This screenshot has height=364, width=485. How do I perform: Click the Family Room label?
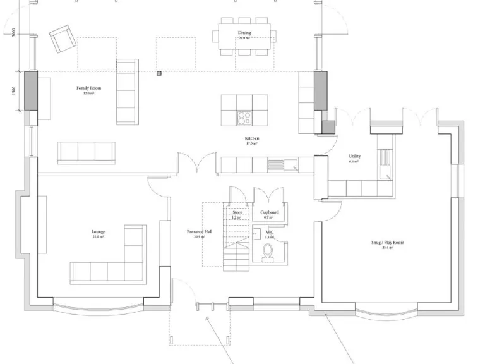pos(88,88)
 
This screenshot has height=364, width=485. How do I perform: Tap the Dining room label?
pos(244,33)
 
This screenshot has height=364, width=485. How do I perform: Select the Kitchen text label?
pos(252,138)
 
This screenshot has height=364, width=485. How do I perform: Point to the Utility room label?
pos(354,157)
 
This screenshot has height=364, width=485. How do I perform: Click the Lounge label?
pos(98,232)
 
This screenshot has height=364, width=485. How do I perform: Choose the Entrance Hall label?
pos(200,232)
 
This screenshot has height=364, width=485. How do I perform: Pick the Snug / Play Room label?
pos(388,243)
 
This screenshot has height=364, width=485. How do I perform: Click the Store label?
pos(237,213)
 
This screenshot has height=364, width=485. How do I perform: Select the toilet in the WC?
pos(268,253)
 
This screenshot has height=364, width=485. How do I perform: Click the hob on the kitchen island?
pos(244,118)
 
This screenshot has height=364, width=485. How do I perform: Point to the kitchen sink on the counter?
pos(277,166)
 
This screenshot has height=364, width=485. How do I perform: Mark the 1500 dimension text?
pos(14,91)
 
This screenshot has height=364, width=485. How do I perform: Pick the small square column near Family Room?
pos(159,73)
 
